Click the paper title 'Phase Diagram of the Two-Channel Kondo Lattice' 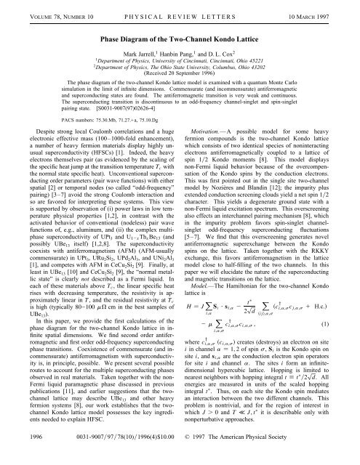click(x=180, y=37)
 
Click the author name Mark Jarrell click(x=143, y=52)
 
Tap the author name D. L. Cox click(x=225, y=52)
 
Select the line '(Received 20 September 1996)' click(x=180, y=77)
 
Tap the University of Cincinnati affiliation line click(x=180, y=61)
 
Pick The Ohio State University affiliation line click(x=180, y=69)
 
